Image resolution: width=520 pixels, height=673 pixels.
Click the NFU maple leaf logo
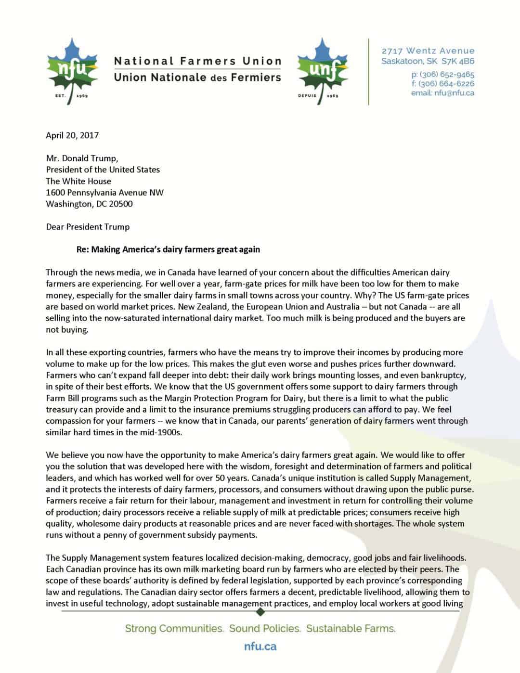(x=72, y=71)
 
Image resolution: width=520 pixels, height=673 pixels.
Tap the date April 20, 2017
(x=72, y=135)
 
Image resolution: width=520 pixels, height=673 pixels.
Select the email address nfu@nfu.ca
(x=454, y=93)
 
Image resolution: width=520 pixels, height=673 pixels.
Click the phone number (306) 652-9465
(x=447, y=75)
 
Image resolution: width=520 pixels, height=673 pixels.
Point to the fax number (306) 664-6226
(x=447, y=84)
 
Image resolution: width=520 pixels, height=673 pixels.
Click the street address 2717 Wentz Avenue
(x=428, y=51)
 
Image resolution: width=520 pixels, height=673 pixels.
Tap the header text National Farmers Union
(x=197, y=61)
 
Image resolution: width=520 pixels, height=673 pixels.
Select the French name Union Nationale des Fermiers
(x=197, y=77)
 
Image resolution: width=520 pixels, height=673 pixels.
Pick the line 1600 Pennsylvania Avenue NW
(x=104, y=193)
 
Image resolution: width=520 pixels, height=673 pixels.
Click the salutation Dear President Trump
(x=88, y=227)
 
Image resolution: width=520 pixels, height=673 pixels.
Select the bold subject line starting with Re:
(x=168, y=249)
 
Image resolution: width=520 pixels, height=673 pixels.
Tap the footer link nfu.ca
(x=260, y=647)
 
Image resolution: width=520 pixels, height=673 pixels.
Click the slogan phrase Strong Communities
(x=174, y=628)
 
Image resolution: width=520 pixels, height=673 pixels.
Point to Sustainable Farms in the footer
(x=351, y=628)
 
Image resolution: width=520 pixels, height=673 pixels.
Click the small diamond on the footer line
(x=260, y=612)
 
